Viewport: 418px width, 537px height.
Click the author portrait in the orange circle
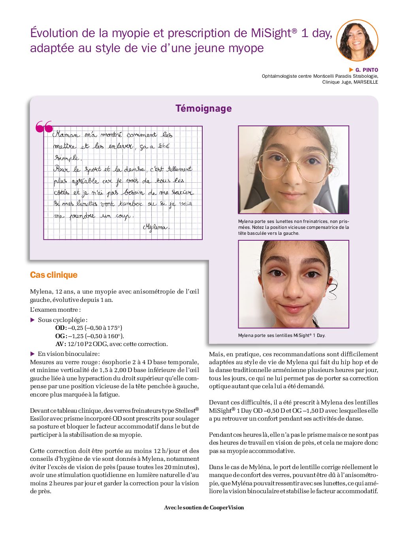pyautogui.click(x=357, y=40)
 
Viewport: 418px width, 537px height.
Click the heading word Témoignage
pyautogui.click(x=203, y=109)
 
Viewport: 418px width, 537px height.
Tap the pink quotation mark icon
pyautogui.click(x=44, y=127)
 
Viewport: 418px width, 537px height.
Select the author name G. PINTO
pyautogui.click(x=367, y=70)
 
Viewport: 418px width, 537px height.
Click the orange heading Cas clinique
pyautogui.click(x=54, y=275)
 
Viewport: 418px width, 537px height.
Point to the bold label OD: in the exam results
pyautogui.click(x=61, y=328)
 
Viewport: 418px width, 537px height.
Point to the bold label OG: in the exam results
pyautogui.click(x=61, y=336)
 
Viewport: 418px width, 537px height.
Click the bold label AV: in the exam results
pyautogui.click(x=60, y=344)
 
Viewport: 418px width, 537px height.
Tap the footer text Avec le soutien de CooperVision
pyautogui.click(x=204, y=507)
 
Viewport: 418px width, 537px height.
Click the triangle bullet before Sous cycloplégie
pyautogui.click(x=33, y=320)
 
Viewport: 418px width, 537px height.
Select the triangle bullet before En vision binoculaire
pyautogui.click(x=33, y=354)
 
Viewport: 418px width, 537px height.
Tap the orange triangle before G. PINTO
pyautogui.click(x=351, y=70)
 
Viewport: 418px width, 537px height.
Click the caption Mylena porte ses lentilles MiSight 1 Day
pyautogui.click(x=281, y=335)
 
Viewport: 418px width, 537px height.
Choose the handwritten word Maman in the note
pyautogui.click(x=66, y=135)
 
